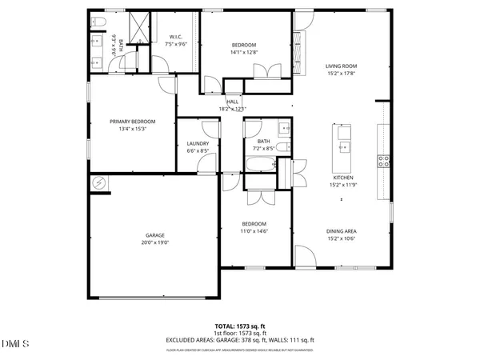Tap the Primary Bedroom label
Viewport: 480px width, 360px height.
click(132, 122)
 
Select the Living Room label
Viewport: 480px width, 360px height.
click(341, 66)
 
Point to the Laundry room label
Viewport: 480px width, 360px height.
click(198, 143)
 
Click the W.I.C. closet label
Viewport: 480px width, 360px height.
click(175, 37)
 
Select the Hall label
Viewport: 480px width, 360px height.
click(233, 102)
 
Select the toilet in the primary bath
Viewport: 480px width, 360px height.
click(97, 22)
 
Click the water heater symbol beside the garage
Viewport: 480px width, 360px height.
click(100, 183)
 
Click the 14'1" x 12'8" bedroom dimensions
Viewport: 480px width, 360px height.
click(243, 52)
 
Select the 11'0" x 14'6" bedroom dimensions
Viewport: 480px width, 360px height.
click(254, 230)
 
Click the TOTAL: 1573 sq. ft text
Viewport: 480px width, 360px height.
click(240, 326)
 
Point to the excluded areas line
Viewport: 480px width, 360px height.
click(240, 340)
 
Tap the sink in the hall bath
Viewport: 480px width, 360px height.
click(284, 127)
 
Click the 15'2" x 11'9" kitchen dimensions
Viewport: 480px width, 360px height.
click(342, 185)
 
